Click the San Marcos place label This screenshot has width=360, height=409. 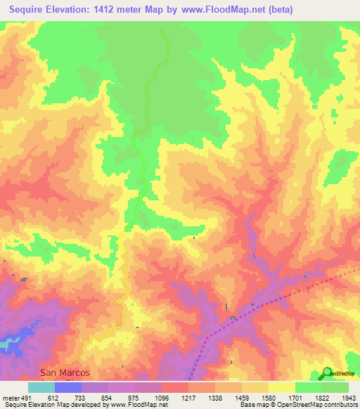coord(59,372)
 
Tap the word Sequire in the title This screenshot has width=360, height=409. coord(32,10)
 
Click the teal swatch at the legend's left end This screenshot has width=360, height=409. coord(41,387)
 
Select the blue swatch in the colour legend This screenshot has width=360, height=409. coord(68,387)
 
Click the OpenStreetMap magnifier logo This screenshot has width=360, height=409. coord(328,373)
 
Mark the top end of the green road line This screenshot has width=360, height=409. coord(162,31)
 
